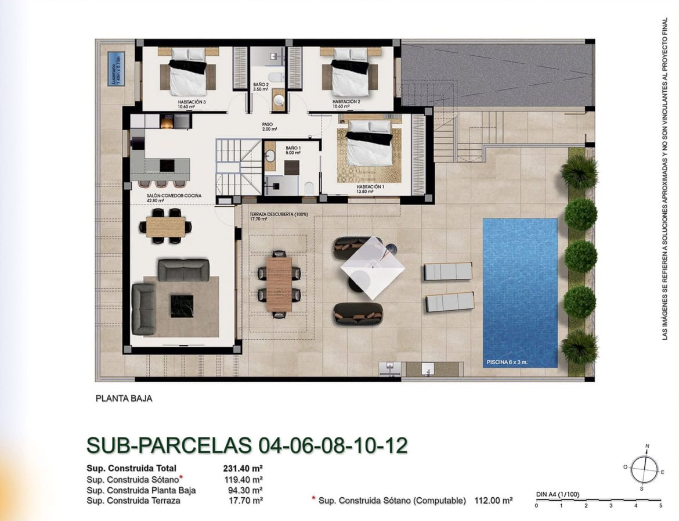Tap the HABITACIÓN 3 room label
point(192,102)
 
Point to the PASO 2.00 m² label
point(268,126)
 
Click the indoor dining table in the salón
point(165,226)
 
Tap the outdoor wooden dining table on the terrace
point(279,283)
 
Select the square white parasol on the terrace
point(373,267)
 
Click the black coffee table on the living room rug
point(181,306)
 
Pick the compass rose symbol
point(644,468)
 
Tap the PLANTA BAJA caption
point(124,399)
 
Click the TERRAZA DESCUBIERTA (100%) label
point(279,214)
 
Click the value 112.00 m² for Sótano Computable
point(492,500)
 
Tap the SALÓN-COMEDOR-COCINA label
point(174,196)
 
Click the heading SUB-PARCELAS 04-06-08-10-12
point(247,445)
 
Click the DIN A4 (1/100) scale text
point(558,495)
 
